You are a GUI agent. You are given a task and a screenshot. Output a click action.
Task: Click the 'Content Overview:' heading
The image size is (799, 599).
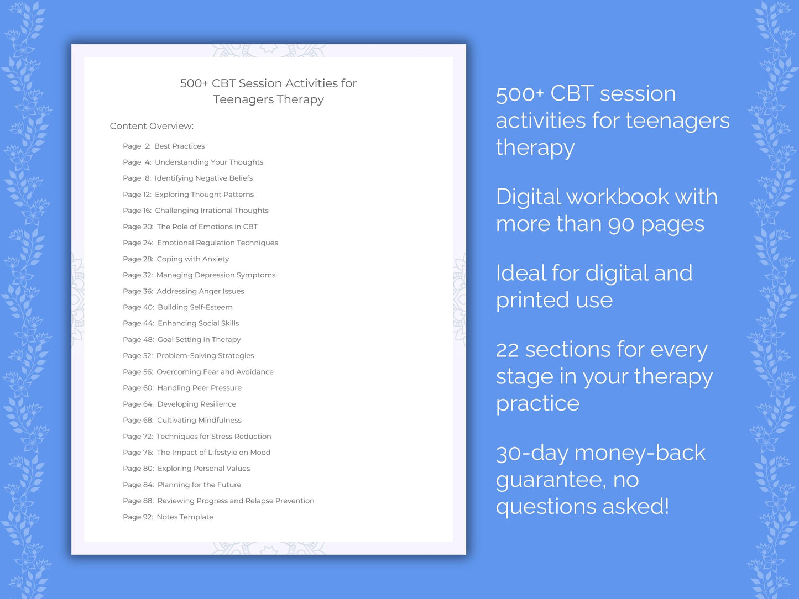152,126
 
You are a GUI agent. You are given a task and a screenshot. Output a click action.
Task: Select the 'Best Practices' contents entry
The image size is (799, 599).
179,146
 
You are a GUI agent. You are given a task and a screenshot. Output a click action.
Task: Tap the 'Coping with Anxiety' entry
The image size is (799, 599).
192,259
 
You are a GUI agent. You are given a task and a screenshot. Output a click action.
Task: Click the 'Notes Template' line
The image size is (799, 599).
185,517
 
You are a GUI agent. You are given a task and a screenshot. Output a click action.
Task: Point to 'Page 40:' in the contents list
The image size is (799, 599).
138,307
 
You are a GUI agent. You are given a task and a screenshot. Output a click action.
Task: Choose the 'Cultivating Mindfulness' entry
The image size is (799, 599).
199,421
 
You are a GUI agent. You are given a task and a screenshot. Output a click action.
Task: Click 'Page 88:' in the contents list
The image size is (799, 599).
138,501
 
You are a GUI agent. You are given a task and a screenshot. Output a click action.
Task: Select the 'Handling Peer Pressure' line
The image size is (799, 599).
199,388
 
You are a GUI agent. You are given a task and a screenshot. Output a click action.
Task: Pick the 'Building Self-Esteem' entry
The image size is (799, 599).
195,307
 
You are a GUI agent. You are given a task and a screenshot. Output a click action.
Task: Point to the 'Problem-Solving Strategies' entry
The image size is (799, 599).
205,356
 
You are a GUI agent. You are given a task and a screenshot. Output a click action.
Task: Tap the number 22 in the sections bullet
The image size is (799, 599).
507,350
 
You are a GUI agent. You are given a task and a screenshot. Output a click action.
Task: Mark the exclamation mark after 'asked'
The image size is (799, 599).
666,507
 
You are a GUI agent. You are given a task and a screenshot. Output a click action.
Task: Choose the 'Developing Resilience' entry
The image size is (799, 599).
196,404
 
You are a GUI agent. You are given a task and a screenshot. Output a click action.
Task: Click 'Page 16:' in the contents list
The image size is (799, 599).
137,211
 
